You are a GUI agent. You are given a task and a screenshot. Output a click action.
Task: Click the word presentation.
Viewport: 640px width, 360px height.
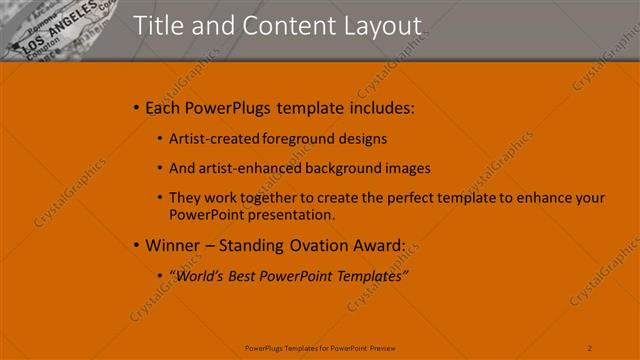click(288, 214)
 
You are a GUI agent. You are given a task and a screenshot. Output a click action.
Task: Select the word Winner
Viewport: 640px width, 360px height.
click(172, 245)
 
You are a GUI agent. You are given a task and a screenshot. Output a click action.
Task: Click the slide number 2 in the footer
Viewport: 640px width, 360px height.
click(590, 347)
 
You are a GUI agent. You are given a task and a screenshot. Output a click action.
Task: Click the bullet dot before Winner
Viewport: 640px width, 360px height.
click(136, 245)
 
